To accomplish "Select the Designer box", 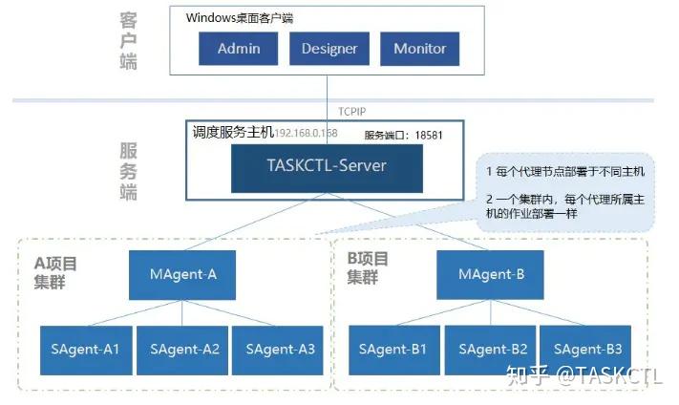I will click(329, 49).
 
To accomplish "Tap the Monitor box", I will click(419, 49).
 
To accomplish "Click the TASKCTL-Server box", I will click(327, 166).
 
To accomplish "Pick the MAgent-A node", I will click(183, 274).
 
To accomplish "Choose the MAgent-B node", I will click(491, 274).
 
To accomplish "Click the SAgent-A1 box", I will click(86, 349).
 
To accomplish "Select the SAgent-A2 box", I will click(184, 349).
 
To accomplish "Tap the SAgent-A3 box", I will click(280, 349).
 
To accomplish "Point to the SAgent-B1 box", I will click(393, 349).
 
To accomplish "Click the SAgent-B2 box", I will click(493, 349).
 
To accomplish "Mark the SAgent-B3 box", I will click(587, 349).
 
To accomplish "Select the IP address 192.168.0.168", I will click(307, 134).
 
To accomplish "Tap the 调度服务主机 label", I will click(233, 132).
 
